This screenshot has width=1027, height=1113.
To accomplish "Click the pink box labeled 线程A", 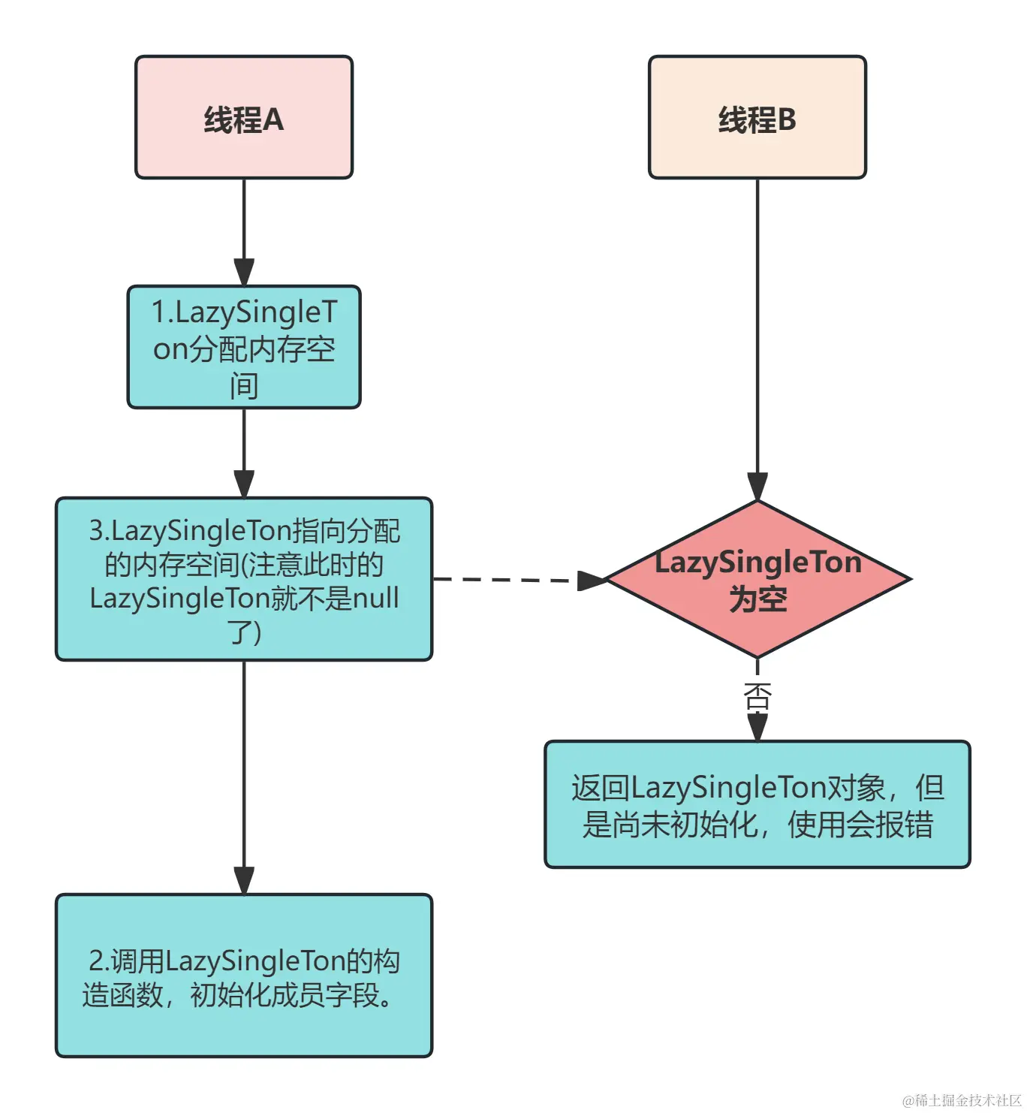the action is point(244,117).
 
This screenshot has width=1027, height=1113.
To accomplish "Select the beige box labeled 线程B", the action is point(757,117).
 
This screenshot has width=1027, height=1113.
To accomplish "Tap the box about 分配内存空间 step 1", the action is point(244,347).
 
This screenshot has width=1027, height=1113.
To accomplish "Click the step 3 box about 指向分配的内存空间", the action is point(244,579).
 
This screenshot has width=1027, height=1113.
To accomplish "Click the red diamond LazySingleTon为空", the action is point(757,579).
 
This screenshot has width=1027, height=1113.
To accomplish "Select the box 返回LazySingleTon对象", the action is point(757,804).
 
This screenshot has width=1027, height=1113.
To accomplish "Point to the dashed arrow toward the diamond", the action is point(520,580).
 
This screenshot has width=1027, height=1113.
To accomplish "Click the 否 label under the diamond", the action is point(757,697).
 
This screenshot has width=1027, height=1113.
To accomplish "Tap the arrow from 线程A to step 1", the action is point(244,232).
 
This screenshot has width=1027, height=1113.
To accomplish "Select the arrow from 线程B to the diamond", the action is point(757,339).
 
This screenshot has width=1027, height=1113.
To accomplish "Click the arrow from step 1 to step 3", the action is point(244,453).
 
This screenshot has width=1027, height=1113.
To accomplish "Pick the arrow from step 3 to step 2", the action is point(244,778).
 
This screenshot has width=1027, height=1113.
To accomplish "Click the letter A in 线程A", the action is point(273,120).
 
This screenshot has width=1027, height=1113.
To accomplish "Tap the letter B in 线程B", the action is point(786,120).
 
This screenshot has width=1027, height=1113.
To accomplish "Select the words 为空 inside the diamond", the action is point(757,599).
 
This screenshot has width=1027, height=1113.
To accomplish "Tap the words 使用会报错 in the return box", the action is point(860,825).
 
